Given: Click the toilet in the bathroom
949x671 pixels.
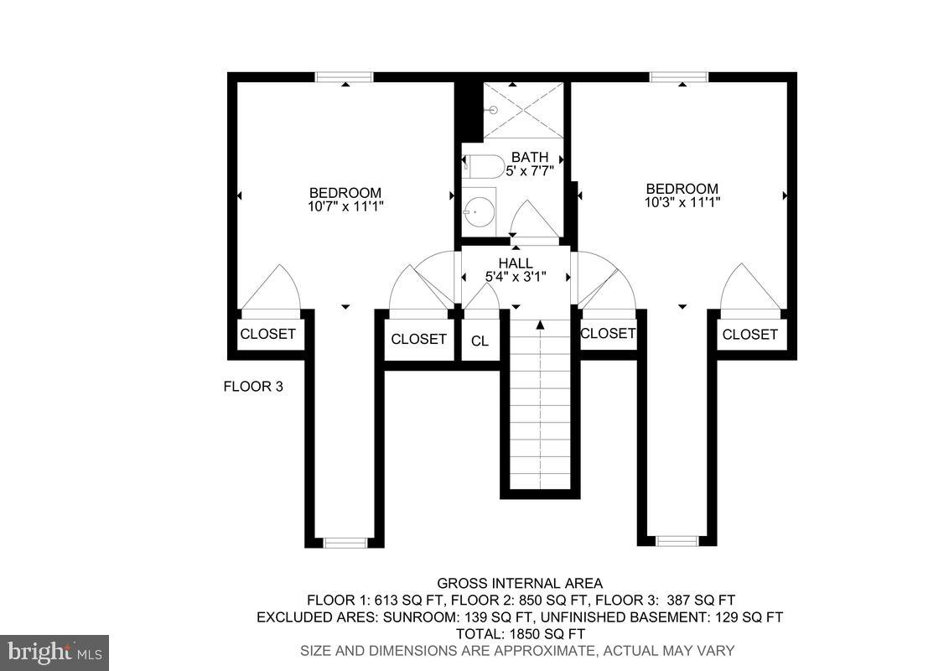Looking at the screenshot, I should pos(485,166).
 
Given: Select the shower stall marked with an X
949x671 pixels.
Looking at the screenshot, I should pos(524,110).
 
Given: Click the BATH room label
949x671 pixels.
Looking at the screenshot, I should pos(530,157).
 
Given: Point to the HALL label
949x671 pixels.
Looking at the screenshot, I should pos(516,263).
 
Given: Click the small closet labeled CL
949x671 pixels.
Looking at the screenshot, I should pos(480,341).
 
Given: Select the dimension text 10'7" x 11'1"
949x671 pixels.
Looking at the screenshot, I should pos(345,205).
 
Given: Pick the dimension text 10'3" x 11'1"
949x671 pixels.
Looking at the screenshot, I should pos(682,202).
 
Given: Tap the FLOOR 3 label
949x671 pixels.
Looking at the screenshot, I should pos(252,387).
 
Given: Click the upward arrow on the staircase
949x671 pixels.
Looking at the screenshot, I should pos(541,324).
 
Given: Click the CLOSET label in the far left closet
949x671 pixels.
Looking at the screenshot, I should pos(267,334).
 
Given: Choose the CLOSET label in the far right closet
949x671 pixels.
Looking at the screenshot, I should pos(749,335).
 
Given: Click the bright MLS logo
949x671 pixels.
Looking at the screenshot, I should pos(54,652).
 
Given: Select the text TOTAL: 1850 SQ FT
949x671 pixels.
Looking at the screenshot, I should pos(519,633).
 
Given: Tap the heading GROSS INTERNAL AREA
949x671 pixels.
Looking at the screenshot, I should pos(519,584).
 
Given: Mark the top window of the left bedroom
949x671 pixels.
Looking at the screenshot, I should pos(345,77).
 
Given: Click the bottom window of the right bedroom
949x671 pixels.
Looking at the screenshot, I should pos(677,541).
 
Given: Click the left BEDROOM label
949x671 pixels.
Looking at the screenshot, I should pos(345,193).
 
